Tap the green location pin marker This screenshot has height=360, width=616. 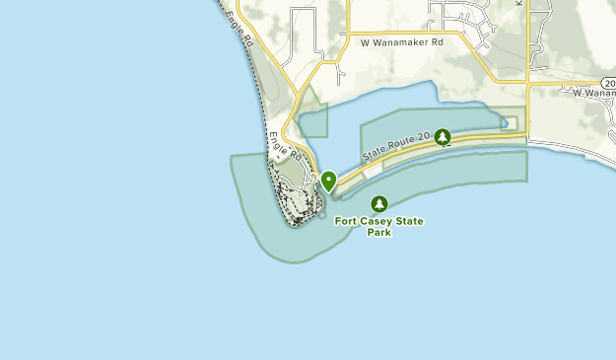coord(328,180)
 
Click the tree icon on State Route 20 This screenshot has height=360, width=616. coord(443,137)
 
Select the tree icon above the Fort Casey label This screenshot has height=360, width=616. coord(379,204)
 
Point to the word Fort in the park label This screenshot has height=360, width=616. coord(347,222)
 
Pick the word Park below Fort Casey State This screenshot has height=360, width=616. coord(379,234)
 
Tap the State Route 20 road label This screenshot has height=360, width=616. coord(397,148)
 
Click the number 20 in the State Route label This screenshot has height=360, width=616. coord(425,139)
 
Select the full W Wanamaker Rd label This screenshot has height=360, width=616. coord(402,43)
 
